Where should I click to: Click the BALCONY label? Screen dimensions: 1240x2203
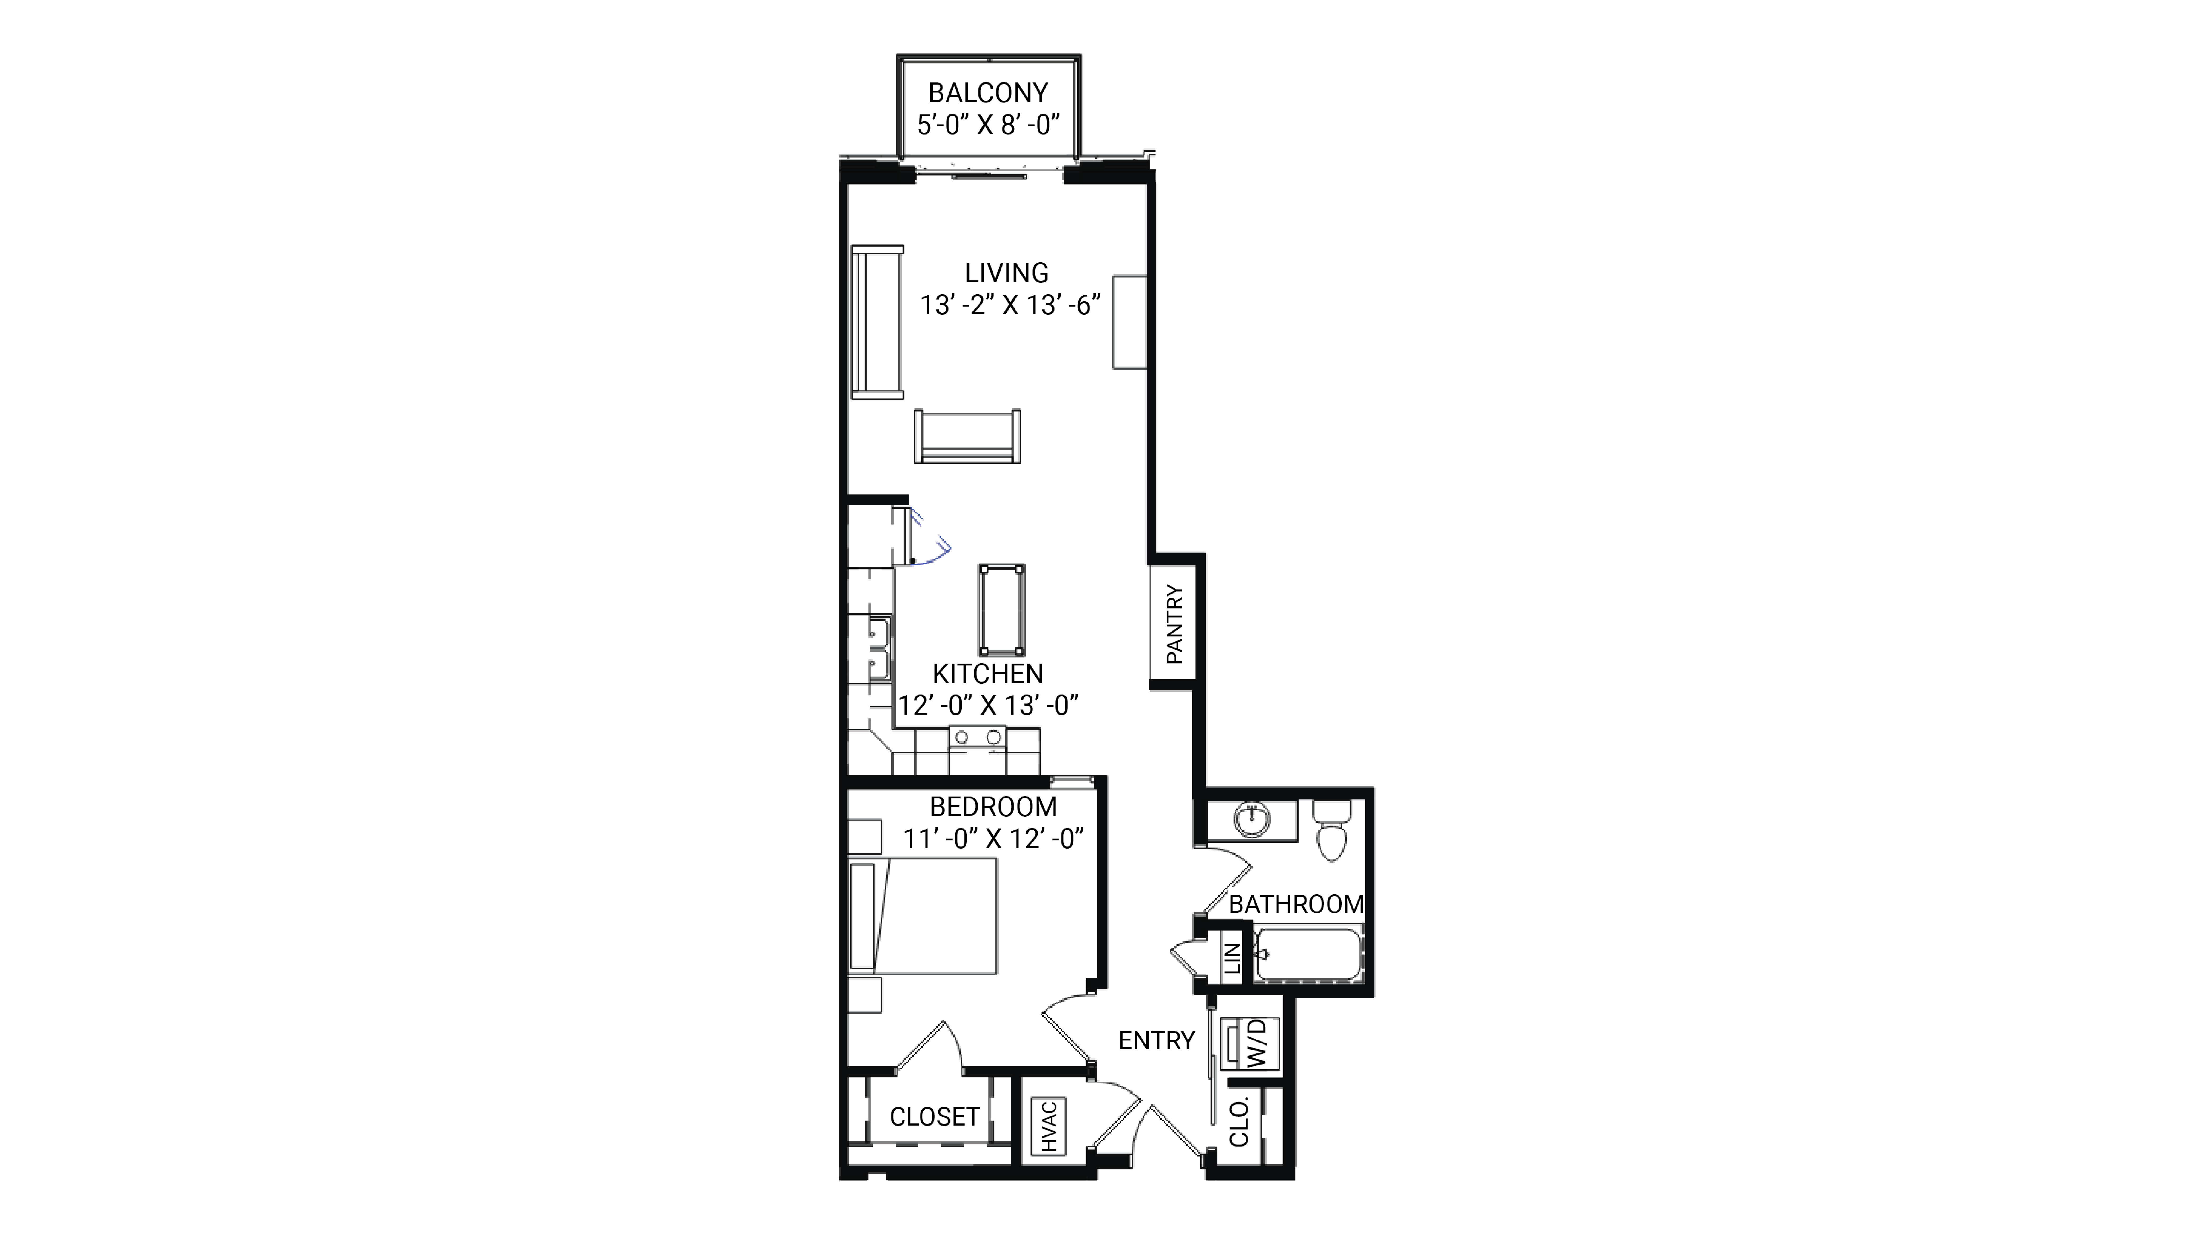pyautogui.click(x=988, y=92)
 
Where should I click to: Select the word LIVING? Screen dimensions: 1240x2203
pyautogui.click(x=1006, y=273)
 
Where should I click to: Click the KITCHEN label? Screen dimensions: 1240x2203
pyautogui.click(x=988, y=674)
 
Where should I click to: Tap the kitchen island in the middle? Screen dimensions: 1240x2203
pyautogui.click(x=1002, y=609)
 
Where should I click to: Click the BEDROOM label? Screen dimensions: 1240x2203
pyautogui.click(x=993, y=806)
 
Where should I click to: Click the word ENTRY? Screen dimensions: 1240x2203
pyautogui.click(x=1156, y=1041)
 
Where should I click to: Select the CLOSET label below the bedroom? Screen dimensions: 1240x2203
pyautogui.click(x=934, y=1117)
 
